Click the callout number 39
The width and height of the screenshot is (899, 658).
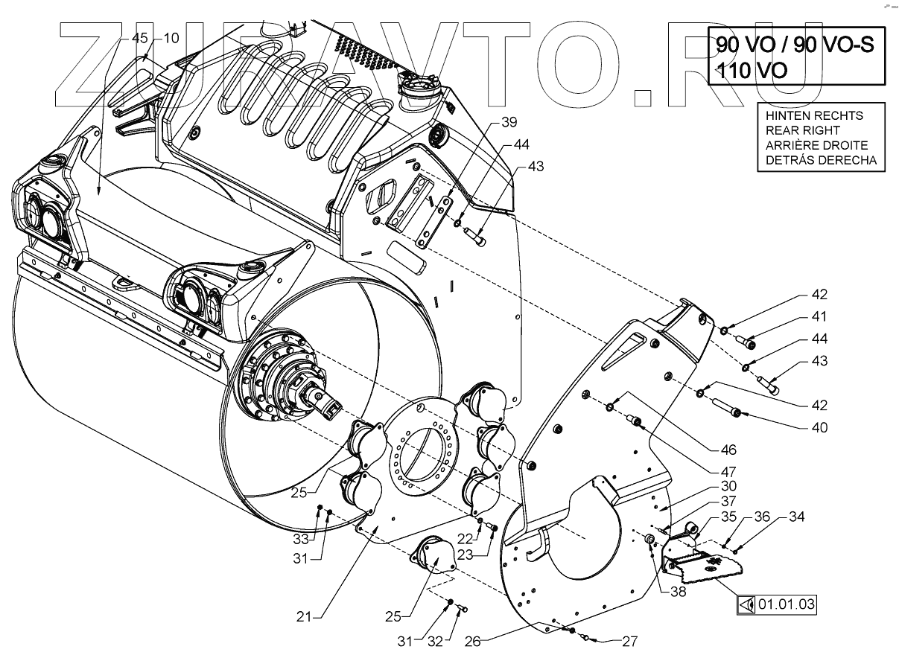508,121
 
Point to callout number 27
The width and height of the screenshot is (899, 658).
629,641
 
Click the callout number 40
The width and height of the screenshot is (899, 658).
819,429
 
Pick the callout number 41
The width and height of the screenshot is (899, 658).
819,317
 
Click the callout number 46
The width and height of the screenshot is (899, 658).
728,450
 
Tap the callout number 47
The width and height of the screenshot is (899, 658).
728,471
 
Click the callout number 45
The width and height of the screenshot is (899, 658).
140,38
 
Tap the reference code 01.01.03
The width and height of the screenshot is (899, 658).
786,604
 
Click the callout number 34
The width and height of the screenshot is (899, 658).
797,517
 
